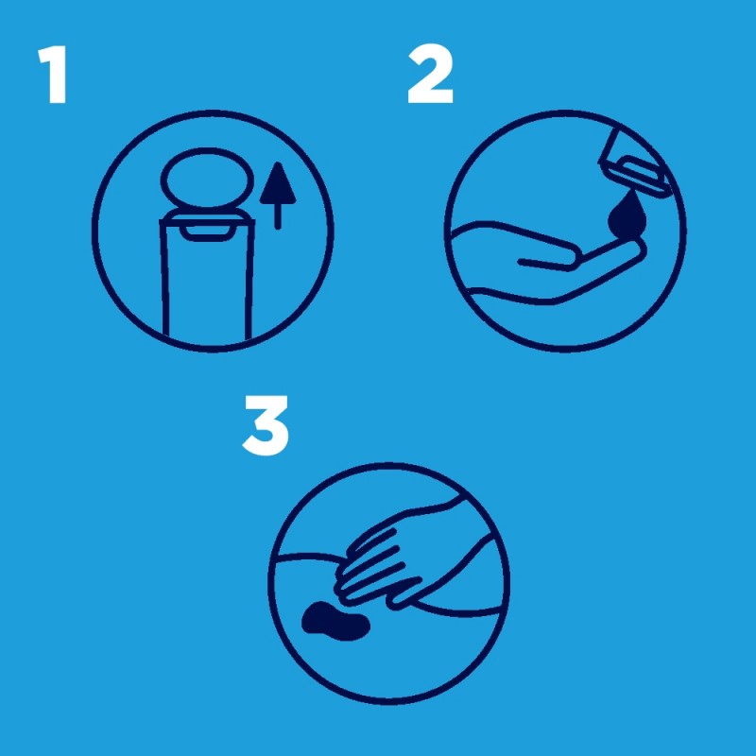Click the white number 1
(x=54, y=75)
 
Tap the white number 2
(x=430, y=74)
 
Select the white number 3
(x=266, y=425)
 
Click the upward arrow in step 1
(x=278, y=196)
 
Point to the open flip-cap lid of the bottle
(x=207, y=179)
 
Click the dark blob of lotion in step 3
(x=336, y=621)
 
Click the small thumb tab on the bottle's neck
(x=207, y=232)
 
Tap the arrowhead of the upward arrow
(x=278, y=182)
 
